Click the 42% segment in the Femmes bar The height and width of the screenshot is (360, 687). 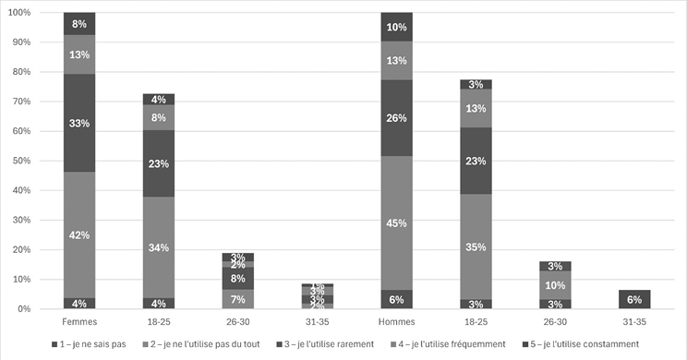[79, 234]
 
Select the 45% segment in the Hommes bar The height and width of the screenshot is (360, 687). [396, 222]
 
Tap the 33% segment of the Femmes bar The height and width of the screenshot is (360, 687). [79, 123]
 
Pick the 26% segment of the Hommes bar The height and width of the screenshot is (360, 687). [396, 117]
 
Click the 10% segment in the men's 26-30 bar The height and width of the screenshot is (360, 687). [554, 285]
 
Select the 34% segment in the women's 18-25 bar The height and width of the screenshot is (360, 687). [159, 247]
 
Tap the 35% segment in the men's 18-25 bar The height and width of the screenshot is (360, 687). [476, 246]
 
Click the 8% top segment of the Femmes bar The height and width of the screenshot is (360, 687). [79, 24]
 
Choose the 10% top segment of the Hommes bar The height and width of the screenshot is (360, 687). [396, 27]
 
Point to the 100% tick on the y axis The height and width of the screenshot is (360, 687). [19, 13]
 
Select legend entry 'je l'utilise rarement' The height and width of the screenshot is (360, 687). [351, 345]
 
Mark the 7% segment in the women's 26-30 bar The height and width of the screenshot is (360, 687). [159, 298]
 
